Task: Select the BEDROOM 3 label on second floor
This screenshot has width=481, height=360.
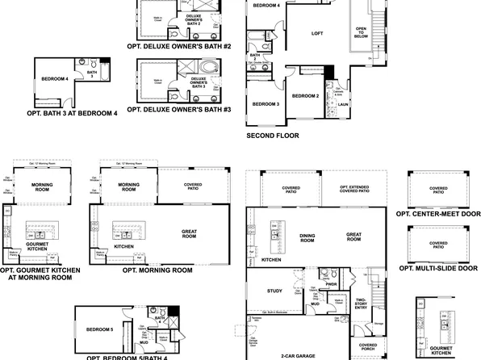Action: [265, 105]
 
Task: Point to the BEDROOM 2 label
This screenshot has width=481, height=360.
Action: [307, 96]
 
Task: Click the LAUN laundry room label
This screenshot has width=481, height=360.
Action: [342, 104]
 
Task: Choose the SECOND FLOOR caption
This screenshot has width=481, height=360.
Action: [272, 136]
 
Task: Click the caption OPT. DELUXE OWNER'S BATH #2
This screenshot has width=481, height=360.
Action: [179, 47]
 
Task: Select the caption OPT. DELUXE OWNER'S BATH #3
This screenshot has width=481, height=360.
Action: [179, 109]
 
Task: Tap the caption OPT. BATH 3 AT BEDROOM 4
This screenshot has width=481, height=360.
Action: [72, 113]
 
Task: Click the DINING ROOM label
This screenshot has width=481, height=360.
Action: [307, 238]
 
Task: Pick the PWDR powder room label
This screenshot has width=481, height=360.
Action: [331, 284]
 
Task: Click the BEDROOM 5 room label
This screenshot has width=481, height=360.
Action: [101, 329]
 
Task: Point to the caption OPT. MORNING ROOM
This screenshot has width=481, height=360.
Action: [157, 270]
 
